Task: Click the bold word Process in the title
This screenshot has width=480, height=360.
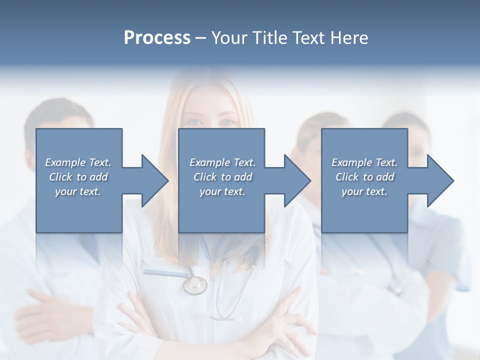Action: [157, 38]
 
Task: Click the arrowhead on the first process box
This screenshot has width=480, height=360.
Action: [150, 180]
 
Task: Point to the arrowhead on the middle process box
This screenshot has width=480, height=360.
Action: [293, 180]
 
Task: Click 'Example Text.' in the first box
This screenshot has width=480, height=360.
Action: [78, 162]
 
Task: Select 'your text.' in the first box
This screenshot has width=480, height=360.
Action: [78, 191]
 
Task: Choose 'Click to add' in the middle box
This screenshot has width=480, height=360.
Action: [222, 177]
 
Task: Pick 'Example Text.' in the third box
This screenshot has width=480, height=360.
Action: [364, 162]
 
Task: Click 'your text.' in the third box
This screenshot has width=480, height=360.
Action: [364, 191]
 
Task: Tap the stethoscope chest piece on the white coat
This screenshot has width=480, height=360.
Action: [195, 285]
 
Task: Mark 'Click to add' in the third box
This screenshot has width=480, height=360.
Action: [364, 177]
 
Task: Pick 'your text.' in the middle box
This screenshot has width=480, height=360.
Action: [222, 191]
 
